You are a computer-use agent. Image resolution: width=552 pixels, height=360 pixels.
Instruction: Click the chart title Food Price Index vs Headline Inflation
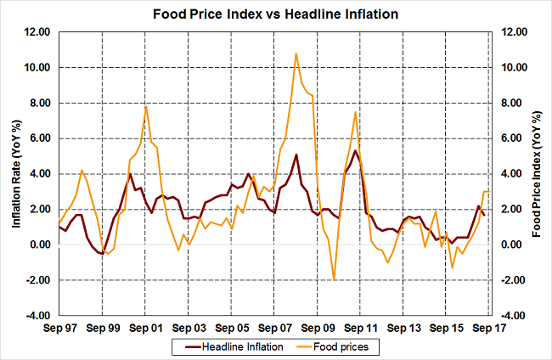point(275,14)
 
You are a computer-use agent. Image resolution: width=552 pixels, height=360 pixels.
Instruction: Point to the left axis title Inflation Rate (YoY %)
point(16,173)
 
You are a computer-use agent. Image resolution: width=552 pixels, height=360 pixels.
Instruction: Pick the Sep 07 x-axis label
point(273,327)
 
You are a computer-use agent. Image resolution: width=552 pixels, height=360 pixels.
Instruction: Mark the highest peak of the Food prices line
point(296,53)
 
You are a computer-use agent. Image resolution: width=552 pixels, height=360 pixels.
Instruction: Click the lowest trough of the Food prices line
point(335,279)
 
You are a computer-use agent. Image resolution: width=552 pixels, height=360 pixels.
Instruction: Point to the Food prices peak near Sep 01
point(146,105)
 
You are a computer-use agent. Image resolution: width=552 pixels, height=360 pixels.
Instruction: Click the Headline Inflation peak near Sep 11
point(354,151)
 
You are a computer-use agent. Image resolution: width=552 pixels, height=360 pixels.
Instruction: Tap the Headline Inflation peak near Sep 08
point(296,155)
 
